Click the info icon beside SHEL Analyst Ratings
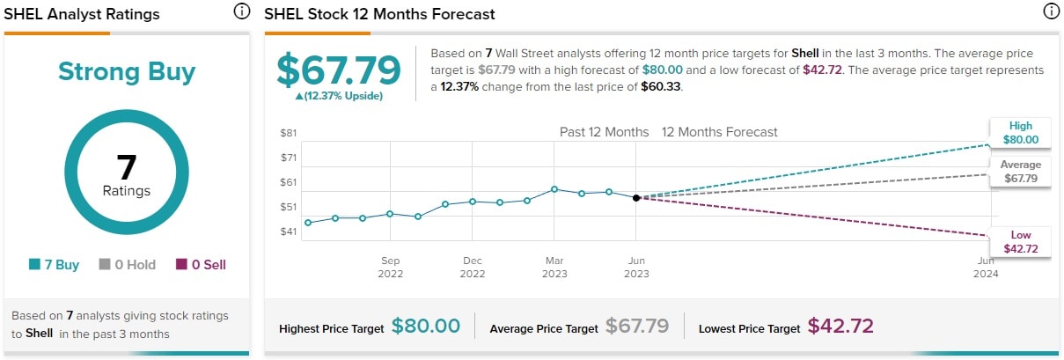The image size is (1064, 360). click(x=241, y=12)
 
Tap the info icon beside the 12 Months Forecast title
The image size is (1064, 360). click(x=1050, y=12)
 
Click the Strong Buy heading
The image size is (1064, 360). click(x=127, y=71)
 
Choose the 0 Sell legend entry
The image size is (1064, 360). click(x=201, y=264)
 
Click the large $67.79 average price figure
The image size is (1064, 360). click(x=339, y=70)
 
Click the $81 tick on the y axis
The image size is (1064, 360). click(x=289, y=133)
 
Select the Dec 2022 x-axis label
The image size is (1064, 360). click(x=473, y=267)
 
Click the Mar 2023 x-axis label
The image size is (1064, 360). click(x=554, y=267)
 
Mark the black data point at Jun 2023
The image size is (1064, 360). click(x=635, y=197)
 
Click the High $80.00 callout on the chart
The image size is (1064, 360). click(x=1021, y=132)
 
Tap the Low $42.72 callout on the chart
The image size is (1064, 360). click(x=1021, y=242)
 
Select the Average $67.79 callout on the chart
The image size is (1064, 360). click(x=1021, y=172)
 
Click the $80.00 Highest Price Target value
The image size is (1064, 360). click(x=426, y=327)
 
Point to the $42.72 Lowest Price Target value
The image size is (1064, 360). click(x=840, y=327)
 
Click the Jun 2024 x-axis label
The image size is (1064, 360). click(x=986, y=267)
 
